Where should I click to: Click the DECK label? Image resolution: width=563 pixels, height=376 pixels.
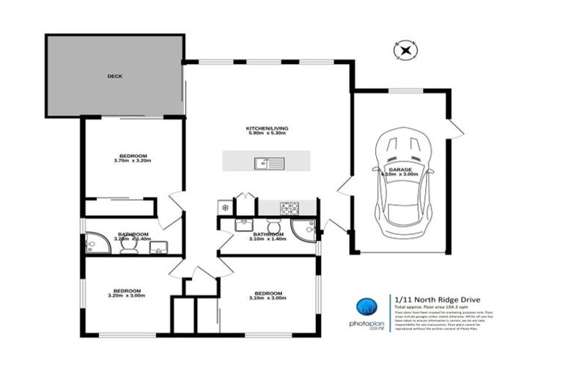[114, 76]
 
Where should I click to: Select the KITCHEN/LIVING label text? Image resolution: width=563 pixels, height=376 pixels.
[267, 129]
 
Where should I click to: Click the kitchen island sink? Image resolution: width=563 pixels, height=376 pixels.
[264, 163]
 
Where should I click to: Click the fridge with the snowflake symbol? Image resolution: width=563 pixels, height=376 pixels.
[225, 208]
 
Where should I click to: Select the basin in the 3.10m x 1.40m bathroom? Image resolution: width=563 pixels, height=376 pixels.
[244, 226]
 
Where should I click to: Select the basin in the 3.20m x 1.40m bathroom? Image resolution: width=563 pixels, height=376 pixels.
[158, 247]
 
